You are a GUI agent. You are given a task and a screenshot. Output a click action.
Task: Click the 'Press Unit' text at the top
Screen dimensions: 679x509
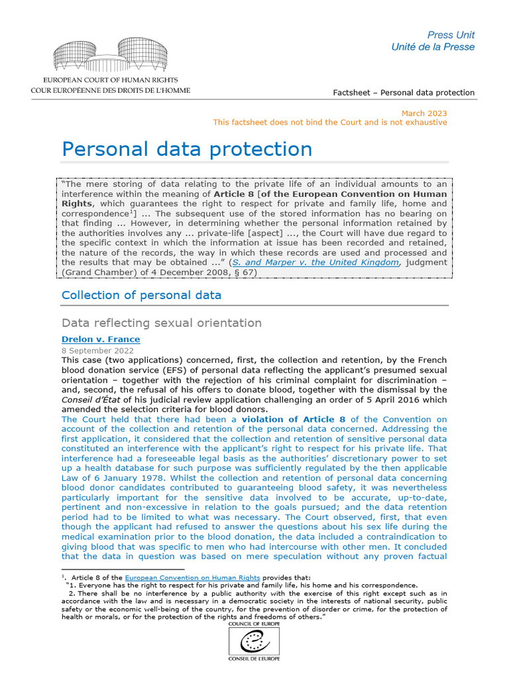[451, 34]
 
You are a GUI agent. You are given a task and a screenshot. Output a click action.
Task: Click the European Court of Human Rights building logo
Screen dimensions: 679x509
[110, 55]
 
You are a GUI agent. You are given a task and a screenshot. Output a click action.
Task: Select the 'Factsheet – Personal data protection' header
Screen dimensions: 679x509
[404, 92]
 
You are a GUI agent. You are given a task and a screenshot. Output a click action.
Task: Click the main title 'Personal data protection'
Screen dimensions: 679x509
[187, 149]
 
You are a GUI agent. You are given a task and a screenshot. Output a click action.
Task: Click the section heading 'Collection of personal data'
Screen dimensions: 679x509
[141, 295]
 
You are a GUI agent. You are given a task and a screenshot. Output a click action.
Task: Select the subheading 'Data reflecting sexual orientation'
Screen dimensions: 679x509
[162, 323]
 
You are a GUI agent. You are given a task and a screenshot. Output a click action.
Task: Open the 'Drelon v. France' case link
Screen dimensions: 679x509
[101, 339]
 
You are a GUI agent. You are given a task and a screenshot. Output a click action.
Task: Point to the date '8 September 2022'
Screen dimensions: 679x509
[97, 350]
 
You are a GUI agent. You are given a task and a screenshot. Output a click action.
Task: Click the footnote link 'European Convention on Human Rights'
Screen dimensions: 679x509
[192, 578]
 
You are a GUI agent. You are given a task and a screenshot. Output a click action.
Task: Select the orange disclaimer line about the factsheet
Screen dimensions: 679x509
[329, 123]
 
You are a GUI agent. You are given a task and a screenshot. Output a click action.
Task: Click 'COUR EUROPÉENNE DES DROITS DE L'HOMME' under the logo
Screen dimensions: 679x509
[110, 90]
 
